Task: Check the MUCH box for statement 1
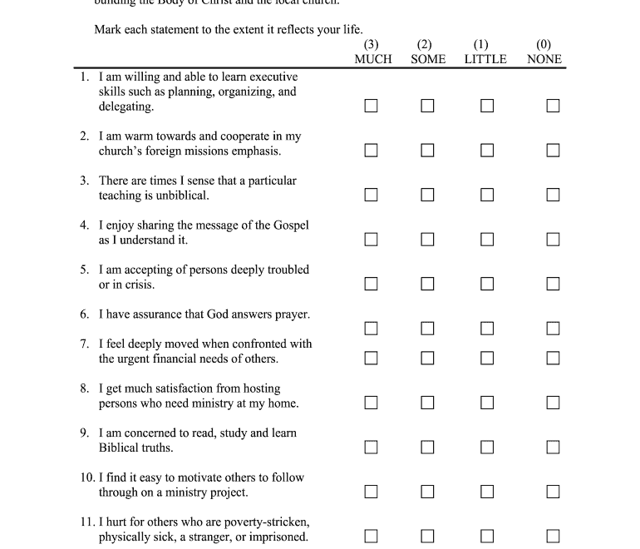(371, 106)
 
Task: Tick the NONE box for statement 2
(553, 151)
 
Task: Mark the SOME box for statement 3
(427, 195)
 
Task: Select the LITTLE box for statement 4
(487, 240)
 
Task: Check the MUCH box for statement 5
(371, 284)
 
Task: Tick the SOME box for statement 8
(427, 403)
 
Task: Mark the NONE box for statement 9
(553, 448)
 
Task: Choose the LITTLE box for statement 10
(487, 492)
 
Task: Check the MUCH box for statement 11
(371, 537)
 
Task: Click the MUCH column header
(372, 59)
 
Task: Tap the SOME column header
(428, 59)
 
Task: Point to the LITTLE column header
(485, 59)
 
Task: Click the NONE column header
(544, 59)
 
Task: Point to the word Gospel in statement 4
(288, 225)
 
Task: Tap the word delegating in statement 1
(126, 107)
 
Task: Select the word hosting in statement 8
(261, 388)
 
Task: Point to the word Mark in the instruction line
(108, 31)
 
